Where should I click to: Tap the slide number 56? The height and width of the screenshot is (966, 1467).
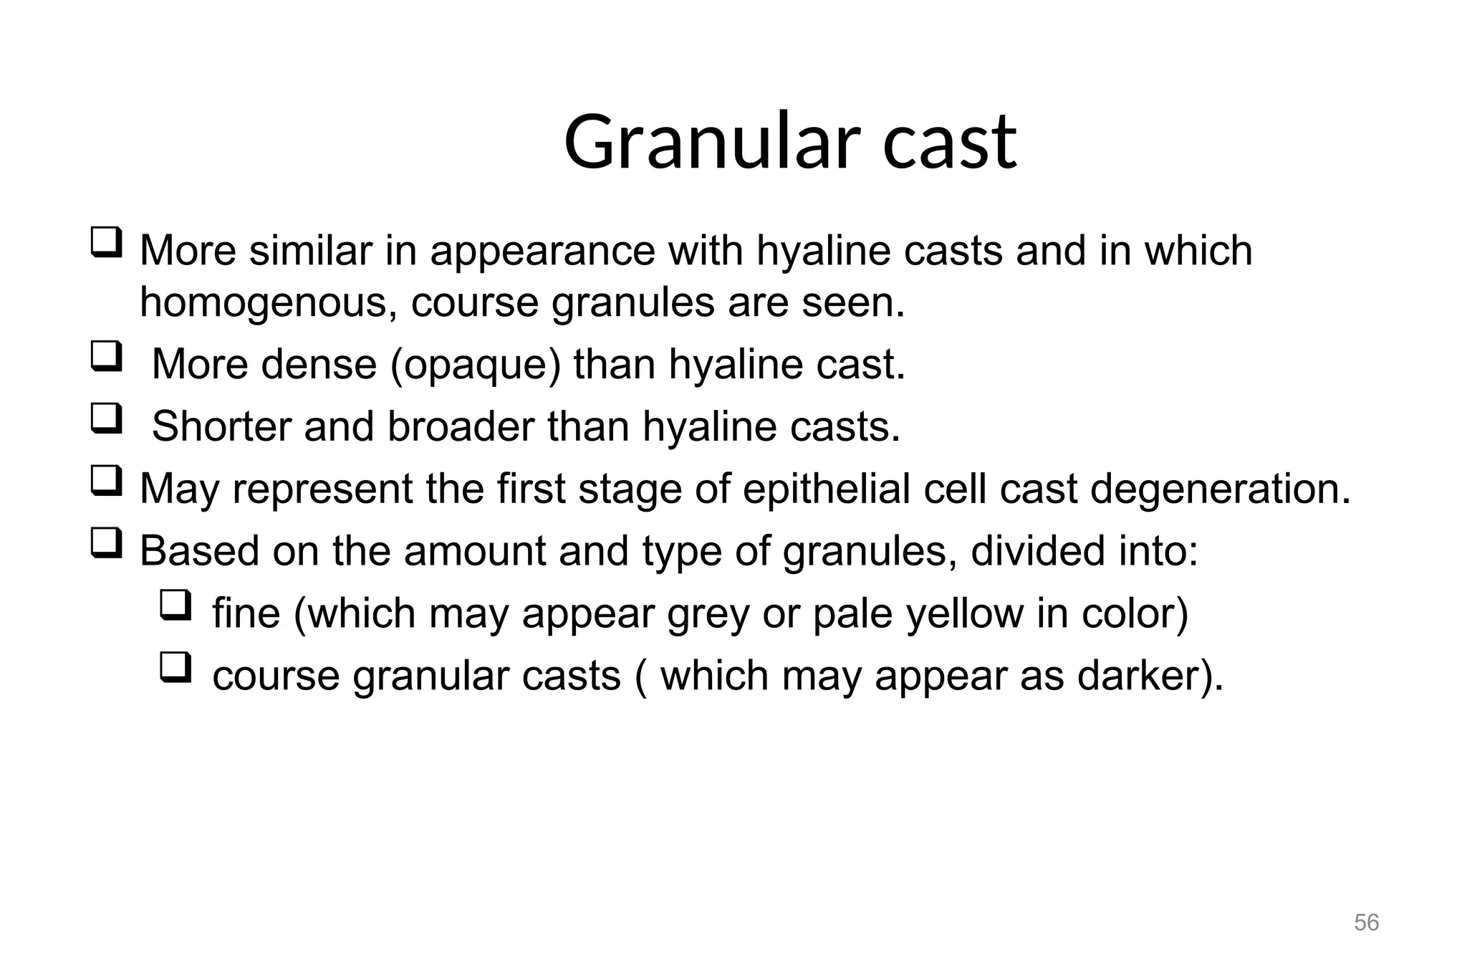pyautogui.click(x=1366, y=922)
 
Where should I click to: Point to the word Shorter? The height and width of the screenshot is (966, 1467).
pyautogui.click(x=221, y=426)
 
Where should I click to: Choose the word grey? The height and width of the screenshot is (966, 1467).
pyautogui.click(x=708, y=615)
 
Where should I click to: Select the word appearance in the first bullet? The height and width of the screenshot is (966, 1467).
pyautogui.click(x=542, y=252)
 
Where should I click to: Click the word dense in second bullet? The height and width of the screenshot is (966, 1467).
pyautogui.click(x=319, y=365)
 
